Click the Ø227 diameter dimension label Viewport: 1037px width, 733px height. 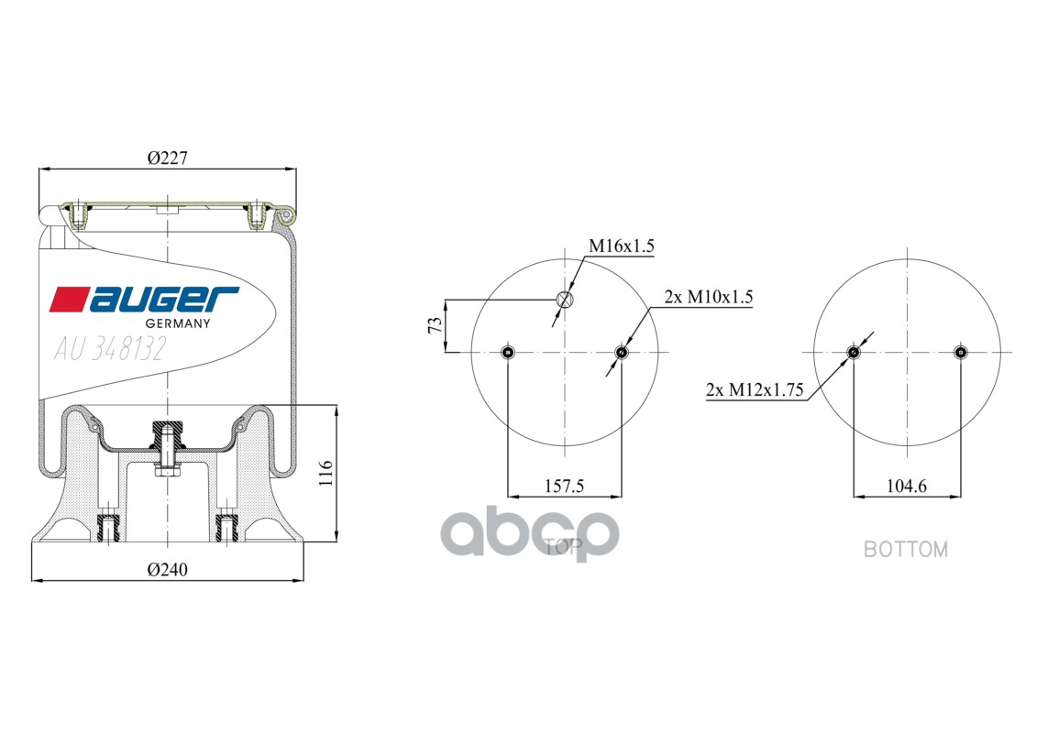(x=167, y=158)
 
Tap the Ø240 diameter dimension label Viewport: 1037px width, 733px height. (x=167, y=569)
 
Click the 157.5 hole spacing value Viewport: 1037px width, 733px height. (x=564, y=487)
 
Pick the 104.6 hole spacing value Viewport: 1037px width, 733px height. (x=907, y=487)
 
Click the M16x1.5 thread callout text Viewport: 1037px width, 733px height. (x=621, y=246)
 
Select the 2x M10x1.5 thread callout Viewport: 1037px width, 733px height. (x=709, y=297)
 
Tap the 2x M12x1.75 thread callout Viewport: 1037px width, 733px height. (x=755, y=390)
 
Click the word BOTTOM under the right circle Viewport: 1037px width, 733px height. (x=906, y=550)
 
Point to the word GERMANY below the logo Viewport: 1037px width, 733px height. (x=179, y=323)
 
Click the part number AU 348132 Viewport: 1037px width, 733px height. (x=109, y=349)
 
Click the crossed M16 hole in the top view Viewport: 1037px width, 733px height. (x=565, y=299)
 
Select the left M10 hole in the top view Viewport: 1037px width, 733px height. (x=507, y=352)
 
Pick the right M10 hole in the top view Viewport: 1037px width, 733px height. (x=622, y=352)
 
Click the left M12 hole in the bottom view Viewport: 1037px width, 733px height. (x=854, y=352)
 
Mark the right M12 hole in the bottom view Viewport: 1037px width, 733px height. (x=960, y=352)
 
